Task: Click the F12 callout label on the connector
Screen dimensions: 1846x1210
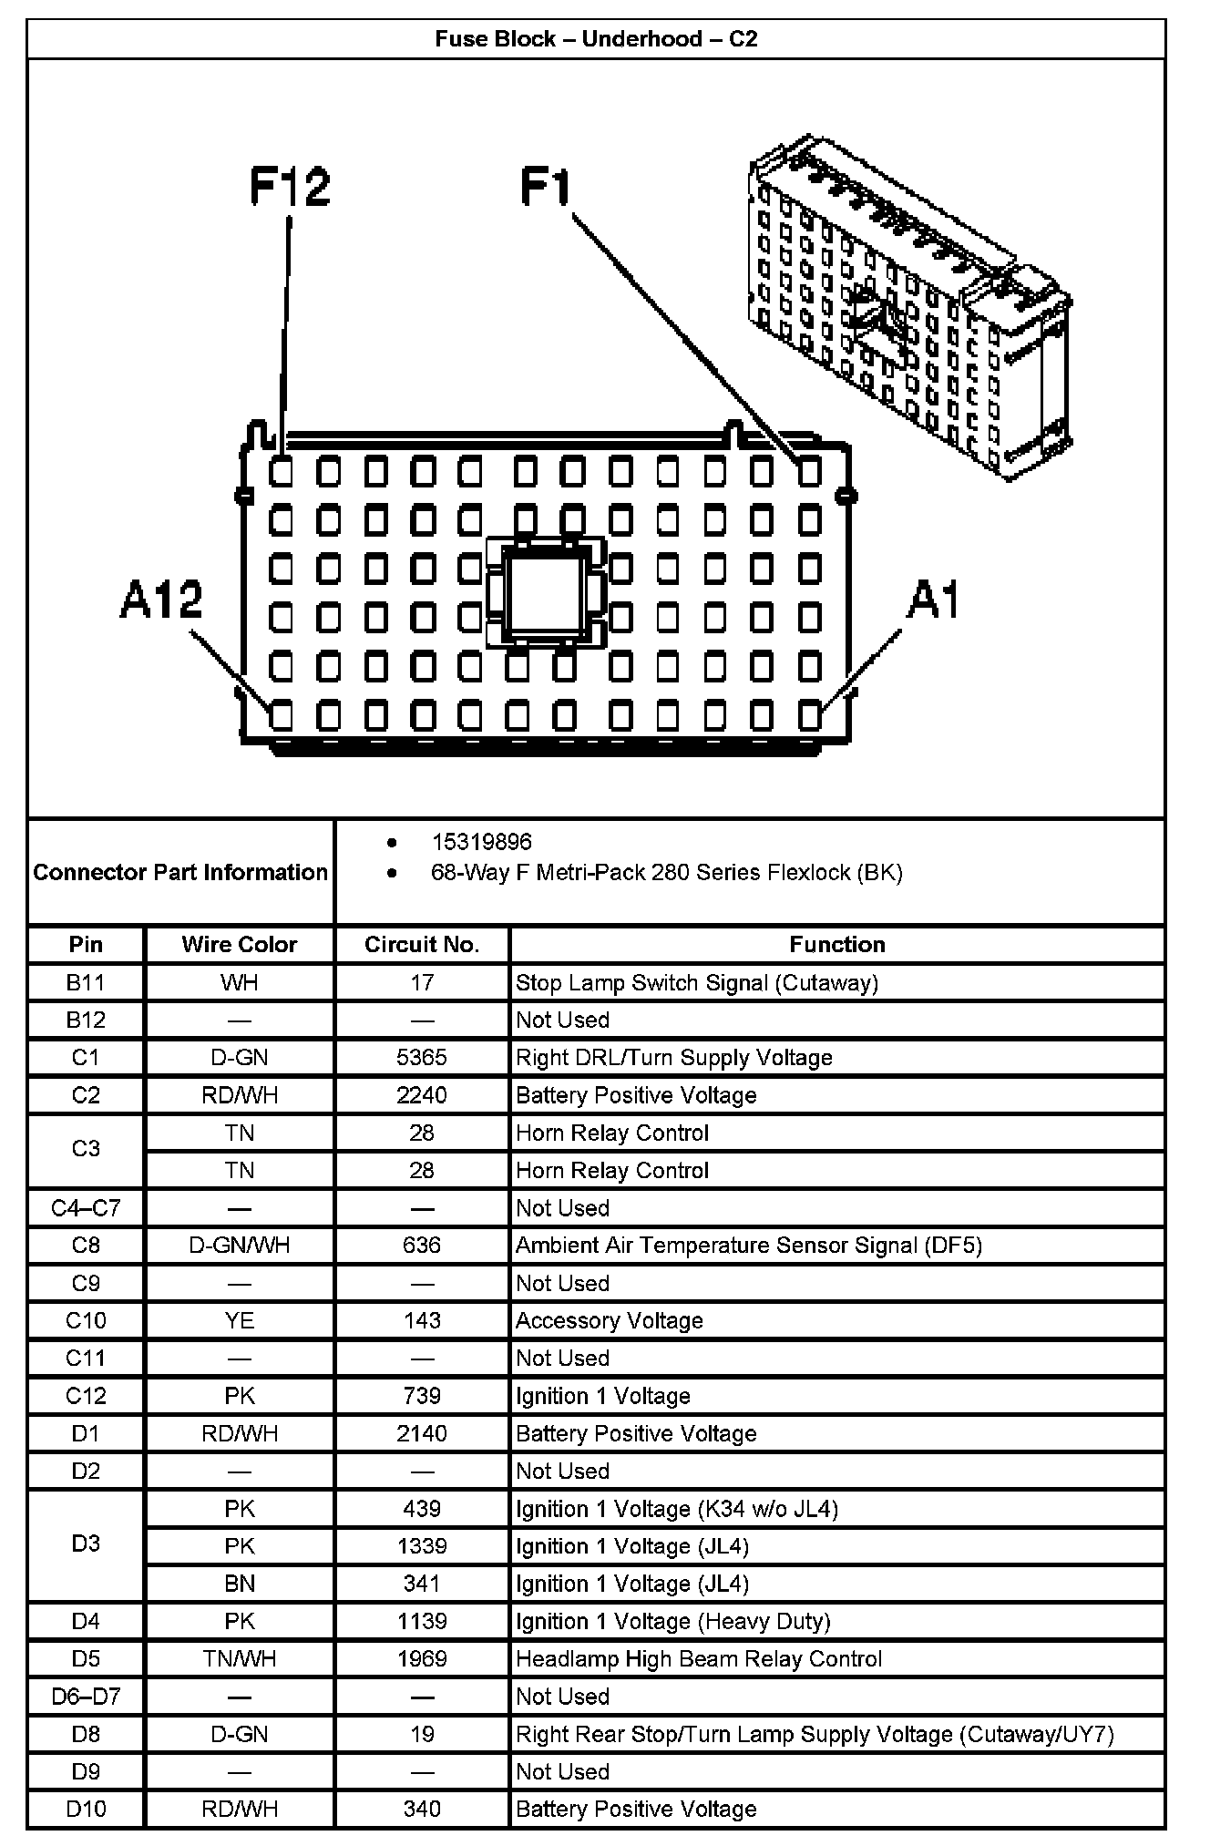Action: [290, 187]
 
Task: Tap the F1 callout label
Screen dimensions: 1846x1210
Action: [545, 187]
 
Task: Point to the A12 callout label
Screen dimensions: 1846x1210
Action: [161, 600]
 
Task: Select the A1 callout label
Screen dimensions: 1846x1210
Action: [935, 600]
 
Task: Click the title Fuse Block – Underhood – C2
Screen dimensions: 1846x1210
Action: [596, 39]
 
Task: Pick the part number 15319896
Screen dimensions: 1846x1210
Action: [481, 842]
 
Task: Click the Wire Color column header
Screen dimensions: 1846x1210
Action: [240, 945]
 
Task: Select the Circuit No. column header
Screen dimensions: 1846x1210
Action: [422, 945]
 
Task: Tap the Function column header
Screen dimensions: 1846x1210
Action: [837, 945]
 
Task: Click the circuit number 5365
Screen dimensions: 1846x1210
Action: [422, 1058]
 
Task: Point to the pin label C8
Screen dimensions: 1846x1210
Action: [86, 1246]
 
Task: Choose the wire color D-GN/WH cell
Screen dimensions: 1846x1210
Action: [240, 1246]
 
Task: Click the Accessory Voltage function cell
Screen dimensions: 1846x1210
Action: [610, 1321]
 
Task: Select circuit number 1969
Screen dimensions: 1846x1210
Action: [422, 1659]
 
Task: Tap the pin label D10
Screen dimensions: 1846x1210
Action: [86, 1810]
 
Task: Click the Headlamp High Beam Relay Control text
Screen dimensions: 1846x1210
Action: [699, 1659]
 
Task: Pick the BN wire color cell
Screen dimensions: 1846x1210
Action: [240, 1584]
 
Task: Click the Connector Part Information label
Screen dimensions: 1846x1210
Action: [180, 873]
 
